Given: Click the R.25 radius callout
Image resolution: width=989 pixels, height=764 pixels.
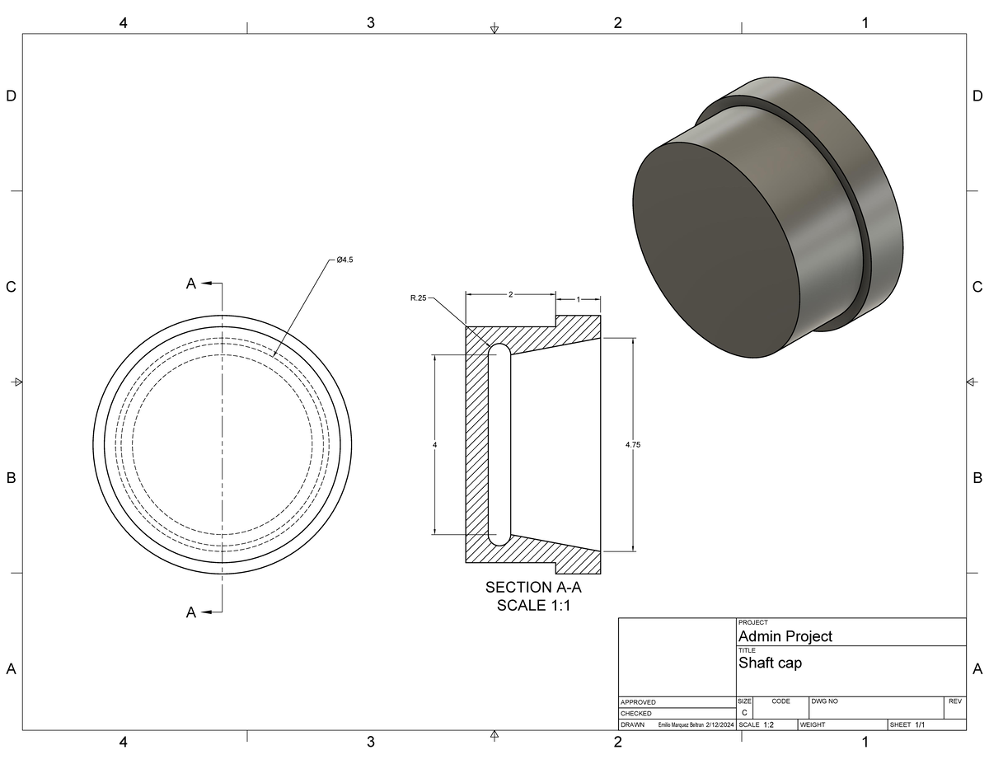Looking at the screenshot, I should [x=418, y=298].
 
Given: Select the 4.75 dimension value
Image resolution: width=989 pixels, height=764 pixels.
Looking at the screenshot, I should [x=632, y=444].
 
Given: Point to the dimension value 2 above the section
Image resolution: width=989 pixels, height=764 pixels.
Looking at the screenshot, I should [x=511, y=293].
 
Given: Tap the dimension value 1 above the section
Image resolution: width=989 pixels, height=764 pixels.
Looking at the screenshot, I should [x=578, y=299].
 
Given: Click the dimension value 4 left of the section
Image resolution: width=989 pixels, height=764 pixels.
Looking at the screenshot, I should [x=434, y=445].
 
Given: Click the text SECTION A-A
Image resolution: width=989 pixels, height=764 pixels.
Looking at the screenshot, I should [x=532, y=588].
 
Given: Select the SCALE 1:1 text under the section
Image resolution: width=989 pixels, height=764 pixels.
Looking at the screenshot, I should [x=532, y=606].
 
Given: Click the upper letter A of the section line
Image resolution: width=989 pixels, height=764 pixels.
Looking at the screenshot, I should [x=191, y=284].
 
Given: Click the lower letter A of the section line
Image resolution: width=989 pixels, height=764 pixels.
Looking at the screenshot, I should [x=191, y=612].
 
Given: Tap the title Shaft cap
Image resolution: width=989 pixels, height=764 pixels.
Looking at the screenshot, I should [x=770, y=663].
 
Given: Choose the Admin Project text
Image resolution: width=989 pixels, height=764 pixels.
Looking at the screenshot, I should [x=785, y=636].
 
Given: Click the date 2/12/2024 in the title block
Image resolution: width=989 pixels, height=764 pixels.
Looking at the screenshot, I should [x=720, y=725].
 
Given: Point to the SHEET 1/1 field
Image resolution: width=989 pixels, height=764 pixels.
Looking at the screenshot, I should [x=907, y=725].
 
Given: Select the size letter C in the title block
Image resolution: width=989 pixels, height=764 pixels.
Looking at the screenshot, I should [x=744, y=712].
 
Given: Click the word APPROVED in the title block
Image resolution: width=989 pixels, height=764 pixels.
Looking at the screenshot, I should [x=638, y=702].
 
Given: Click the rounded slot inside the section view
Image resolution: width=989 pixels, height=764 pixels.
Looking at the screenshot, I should [x=499, y=445].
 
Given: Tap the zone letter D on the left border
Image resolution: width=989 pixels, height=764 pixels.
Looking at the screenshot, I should [x=11, y=96].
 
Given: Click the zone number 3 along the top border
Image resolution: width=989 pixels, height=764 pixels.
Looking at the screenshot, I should [x=370, y=23].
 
